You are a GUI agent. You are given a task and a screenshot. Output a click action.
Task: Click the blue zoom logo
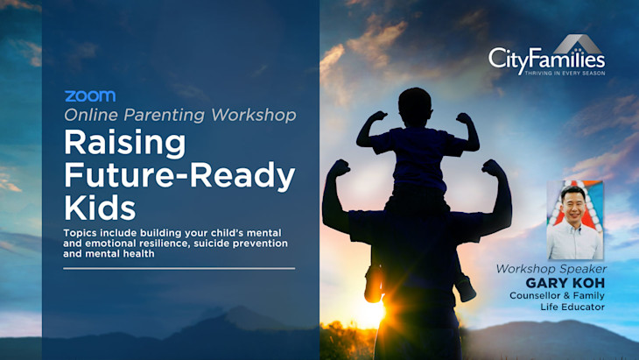coord(90,96)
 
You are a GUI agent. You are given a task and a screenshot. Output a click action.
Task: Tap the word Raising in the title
coord(124,143)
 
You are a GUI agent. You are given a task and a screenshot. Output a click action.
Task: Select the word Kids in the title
coord(100,208)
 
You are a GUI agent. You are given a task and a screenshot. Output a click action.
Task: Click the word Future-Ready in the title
coord(179,174)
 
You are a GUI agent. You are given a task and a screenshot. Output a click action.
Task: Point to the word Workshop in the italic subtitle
coord(254,115)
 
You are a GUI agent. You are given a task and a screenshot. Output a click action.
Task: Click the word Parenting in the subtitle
coord(164,116)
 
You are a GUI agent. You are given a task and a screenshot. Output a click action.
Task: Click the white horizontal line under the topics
coord(179,269)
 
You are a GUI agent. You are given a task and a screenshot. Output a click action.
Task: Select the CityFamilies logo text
coord(546,60)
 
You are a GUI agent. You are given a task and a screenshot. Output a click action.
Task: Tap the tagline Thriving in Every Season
coord(565,74)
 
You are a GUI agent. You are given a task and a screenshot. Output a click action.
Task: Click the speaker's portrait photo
coord(574,220)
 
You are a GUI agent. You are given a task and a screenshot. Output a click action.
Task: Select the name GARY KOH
coord(565,283)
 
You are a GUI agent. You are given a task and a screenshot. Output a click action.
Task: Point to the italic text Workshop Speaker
coord(551,269)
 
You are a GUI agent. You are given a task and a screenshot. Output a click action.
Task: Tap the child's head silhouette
coord(415,108)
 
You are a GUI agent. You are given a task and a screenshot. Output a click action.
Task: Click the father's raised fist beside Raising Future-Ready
coord(340,167)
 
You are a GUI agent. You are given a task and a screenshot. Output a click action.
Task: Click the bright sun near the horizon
coord(373,312)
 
